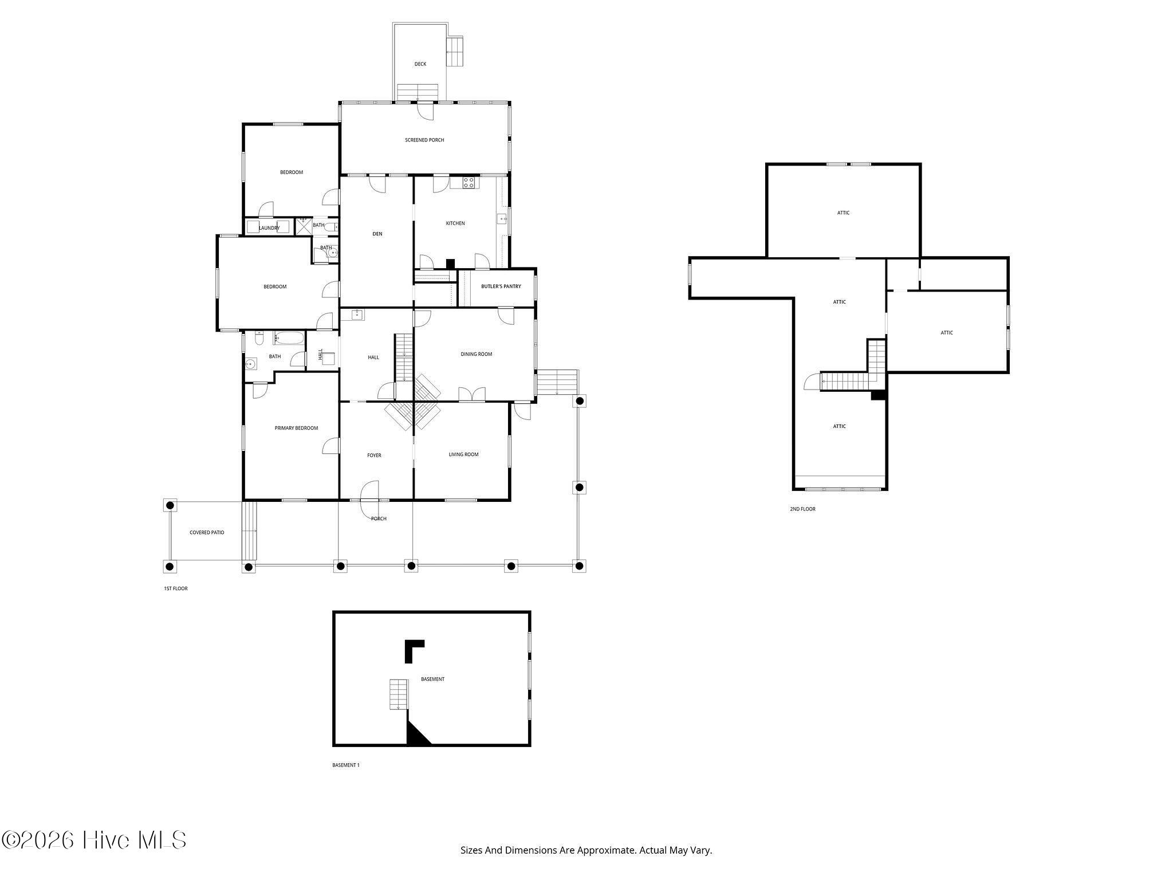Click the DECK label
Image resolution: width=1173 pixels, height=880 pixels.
point(420,64)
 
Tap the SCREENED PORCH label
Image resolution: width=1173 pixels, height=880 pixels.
point(424,140)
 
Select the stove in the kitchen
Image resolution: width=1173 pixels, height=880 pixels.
point(469,183)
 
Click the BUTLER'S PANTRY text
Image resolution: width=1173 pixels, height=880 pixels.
point(501,286)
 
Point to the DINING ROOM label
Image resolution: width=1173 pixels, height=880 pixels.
point(477,354)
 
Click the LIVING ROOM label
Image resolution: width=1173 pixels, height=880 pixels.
point(463,454)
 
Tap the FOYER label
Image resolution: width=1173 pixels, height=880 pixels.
point(374,455)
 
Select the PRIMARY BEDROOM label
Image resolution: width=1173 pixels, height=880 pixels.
point(296,428)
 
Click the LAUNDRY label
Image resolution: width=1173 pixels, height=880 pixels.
point(269,228)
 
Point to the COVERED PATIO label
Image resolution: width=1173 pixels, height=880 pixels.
point(207,532)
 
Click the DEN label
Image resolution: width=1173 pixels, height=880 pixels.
point(377,234)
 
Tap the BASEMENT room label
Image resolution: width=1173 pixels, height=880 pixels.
point(432,679)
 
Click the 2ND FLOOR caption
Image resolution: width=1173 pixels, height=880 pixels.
point(802,509)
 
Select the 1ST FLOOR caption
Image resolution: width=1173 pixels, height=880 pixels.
point(176,588)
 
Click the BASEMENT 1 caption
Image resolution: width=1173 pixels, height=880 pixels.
point(346,765)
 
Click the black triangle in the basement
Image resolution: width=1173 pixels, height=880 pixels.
point(415,736)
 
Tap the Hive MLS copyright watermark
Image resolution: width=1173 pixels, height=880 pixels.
point(94,840)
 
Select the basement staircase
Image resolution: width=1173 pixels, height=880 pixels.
point(398,694)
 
